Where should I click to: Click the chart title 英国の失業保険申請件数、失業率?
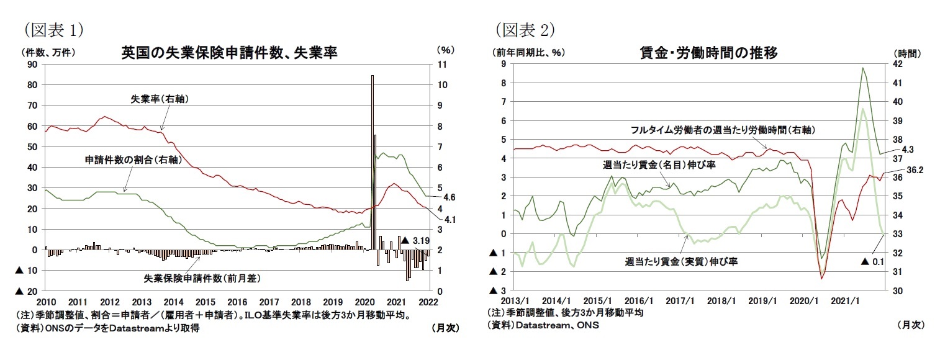click(x=229, y=53)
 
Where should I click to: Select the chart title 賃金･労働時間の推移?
click(x=708, y=53)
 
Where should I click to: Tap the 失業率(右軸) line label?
click(x=158, y=99)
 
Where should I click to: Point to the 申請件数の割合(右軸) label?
click(x=133, y=160)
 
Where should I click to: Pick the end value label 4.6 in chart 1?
click(x=450, y=197)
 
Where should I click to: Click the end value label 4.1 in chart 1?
click(x=450, y=218)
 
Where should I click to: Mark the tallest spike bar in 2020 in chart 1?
click(x=372, y=161)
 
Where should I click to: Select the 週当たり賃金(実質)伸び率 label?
click(x=681, y=261)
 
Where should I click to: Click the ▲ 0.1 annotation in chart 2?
click(x=872, y=261)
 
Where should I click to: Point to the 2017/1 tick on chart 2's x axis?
click(x=680, y=302)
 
